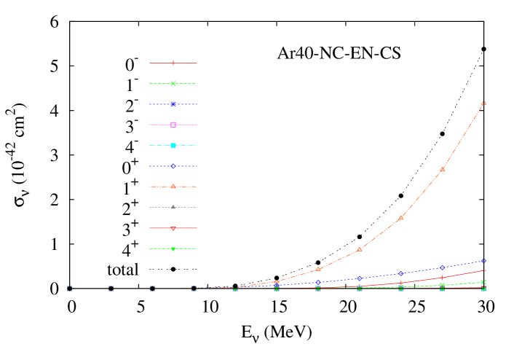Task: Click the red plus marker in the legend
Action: pos(173,63)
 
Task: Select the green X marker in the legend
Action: pos(173,84)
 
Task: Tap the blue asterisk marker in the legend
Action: pos(173,104)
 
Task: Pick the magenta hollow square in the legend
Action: pos(173,125)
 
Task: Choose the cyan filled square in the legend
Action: pos(173,146)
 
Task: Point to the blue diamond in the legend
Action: pos(173,166)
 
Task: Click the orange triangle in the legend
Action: pos(173,187)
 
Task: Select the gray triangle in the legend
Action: pos(173,207)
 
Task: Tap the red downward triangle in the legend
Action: pos(173,228)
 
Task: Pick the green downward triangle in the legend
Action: pos(173,249)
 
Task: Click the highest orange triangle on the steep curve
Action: pos(483,103)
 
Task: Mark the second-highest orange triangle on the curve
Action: pos(442,169)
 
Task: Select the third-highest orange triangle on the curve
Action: pos(401,217)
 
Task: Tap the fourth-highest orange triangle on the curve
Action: pos(360,249)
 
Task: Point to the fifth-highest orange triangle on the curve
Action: pos(318,270)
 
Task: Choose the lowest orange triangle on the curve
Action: pos(277,282)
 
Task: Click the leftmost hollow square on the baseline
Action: pos(70,289)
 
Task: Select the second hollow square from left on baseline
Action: pos(111,289)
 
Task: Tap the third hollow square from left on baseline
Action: pos(152,289)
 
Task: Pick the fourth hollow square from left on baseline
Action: pos(194,289)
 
